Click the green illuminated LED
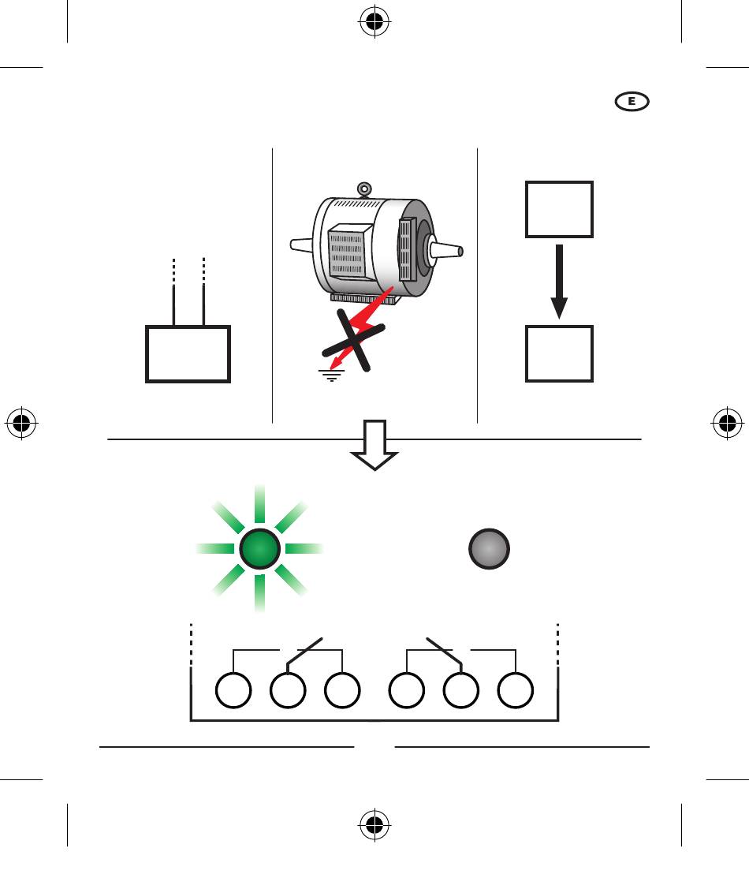260,549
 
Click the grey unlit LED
490,549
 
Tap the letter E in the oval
632,102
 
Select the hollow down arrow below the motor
374,445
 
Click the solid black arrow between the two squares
559,281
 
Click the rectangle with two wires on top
188,327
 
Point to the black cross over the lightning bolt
353,340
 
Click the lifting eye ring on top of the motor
364,189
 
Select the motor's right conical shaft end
446,250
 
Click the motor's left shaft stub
301,245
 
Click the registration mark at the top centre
374,21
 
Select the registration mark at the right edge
728,423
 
